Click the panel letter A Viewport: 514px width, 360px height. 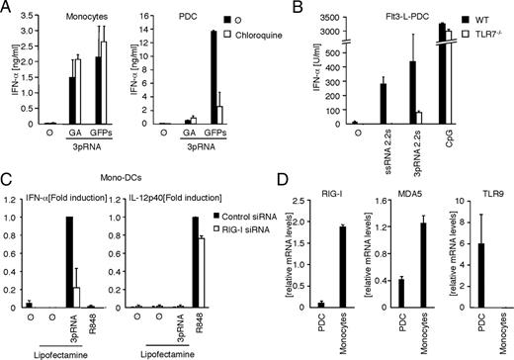9,9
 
